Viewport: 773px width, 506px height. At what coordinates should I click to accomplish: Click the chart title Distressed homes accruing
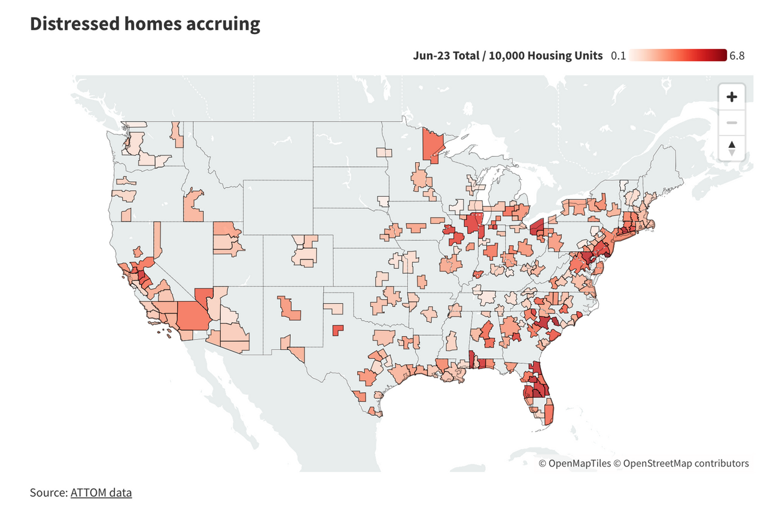(x=145, y=24)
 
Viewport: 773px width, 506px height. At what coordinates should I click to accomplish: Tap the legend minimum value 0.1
(x=618, y=56)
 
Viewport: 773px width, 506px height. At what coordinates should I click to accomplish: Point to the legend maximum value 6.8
(x=737, y=56)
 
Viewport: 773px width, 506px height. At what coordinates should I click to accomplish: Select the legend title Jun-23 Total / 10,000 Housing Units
(x=507, y=56)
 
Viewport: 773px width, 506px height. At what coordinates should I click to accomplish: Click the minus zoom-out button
(x=731, y=123)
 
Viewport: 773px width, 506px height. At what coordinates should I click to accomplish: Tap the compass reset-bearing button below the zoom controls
(x=731, y=148)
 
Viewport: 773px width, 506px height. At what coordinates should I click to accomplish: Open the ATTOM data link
(x=101, y=493)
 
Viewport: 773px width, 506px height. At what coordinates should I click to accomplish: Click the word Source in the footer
(x=48, y=493)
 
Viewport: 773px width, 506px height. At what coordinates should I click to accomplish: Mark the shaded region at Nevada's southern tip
(x=203, y=295)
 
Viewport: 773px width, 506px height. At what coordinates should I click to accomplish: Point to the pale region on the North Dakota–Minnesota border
(x=384, y=152)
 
